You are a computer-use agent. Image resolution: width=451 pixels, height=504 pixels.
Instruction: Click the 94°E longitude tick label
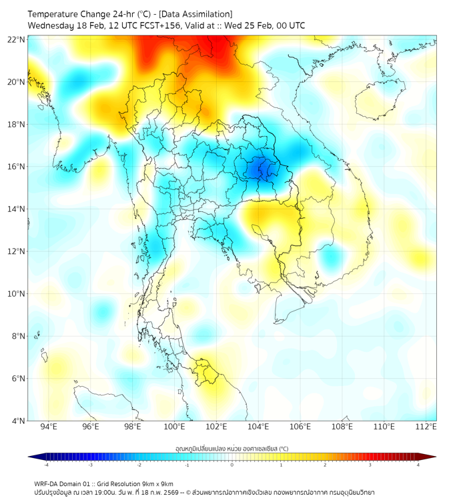49,427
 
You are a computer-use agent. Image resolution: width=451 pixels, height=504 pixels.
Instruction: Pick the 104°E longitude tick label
258,427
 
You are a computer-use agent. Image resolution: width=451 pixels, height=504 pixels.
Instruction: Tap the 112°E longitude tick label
426,427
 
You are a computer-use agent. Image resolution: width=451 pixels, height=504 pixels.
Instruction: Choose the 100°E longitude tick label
174,427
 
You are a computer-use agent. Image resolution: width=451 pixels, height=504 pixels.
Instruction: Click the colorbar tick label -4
46,465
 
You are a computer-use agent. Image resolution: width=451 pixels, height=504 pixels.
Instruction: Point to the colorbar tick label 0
232,465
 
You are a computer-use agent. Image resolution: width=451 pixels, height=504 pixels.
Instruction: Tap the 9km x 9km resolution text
155,483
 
